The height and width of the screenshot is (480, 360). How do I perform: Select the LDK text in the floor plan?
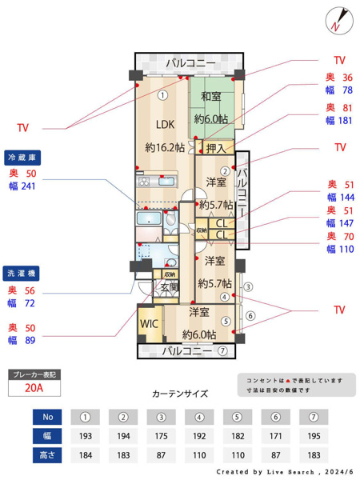(x=165, y=124)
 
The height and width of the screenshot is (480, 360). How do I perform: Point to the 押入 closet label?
(x=215, y=148)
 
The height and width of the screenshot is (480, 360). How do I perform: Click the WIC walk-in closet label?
(x=149, y=325)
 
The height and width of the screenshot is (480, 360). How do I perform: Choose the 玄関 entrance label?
(x=169, y=286)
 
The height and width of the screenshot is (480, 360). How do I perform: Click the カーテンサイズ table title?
(x=179, y=394)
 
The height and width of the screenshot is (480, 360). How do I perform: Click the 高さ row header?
(x=46, y=455)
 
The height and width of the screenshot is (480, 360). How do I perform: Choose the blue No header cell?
(x=46, y=417)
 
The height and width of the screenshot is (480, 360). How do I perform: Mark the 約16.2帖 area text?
(x=165, y=148)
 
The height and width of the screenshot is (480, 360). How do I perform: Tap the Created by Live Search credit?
(x=283, y=472)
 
